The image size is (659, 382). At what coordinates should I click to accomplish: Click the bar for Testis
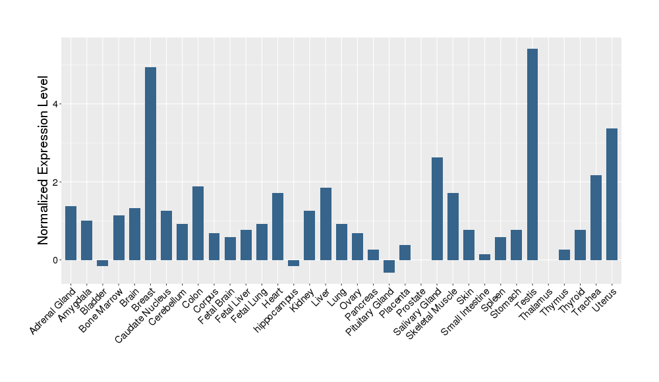(x=532, y=154)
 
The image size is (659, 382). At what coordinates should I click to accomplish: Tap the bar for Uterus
(x=612, y=194)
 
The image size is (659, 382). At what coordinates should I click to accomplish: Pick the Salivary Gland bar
(x=437, y=209)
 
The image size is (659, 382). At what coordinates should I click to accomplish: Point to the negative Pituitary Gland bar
(x=389, y=266)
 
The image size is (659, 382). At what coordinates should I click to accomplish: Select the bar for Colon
(x=198, y=223)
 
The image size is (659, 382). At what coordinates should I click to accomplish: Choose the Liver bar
(x=325, y=224)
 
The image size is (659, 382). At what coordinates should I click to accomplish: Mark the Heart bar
(x=277, y=227)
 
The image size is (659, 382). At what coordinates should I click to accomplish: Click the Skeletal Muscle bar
(x=453, y=227)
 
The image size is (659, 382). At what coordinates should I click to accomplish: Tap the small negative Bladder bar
(x=102, y=263)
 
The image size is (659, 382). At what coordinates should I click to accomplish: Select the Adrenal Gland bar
(x=71, y=233)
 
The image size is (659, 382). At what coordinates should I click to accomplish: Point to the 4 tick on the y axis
(x=57, y=104)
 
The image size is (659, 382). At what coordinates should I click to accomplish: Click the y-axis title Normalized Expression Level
(x=43, y=161)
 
